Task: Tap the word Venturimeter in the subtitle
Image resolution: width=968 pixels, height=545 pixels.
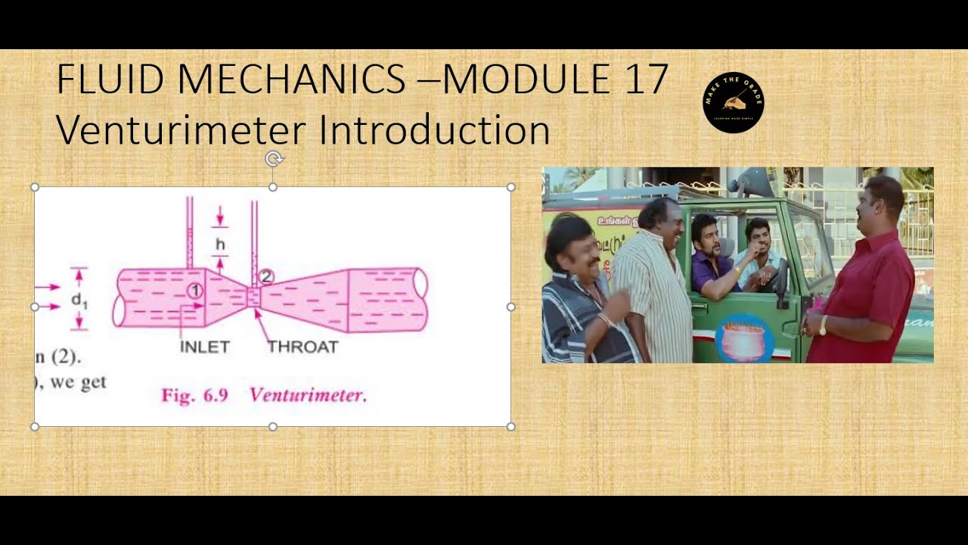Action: pos(181,130)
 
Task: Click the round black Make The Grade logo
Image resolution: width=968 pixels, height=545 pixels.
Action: pos(733,103)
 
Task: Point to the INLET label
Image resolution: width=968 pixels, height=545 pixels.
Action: pos(204,347)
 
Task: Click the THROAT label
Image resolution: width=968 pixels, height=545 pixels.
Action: pos(302,347)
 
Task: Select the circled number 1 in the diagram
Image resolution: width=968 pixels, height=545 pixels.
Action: pos(194,290)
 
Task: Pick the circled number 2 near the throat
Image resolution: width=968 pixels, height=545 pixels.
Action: pos(265,277)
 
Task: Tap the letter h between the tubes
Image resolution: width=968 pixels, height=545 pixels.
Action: pos(220,244)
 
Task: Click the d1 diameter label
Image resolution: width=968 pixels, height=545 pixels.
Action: pos(79,300)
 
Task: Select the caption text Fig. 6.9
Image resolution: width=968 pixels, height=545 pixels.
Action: pos(194,396)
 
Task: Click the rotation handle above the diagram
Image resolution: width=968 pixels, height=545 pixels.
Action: pos(274,159)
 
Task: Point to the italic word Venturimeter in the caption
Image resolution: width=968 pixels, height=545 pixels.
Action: pos(308,395)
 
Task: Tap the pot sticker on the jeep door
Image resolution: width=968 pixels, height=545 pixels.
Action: pos(743,338)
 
